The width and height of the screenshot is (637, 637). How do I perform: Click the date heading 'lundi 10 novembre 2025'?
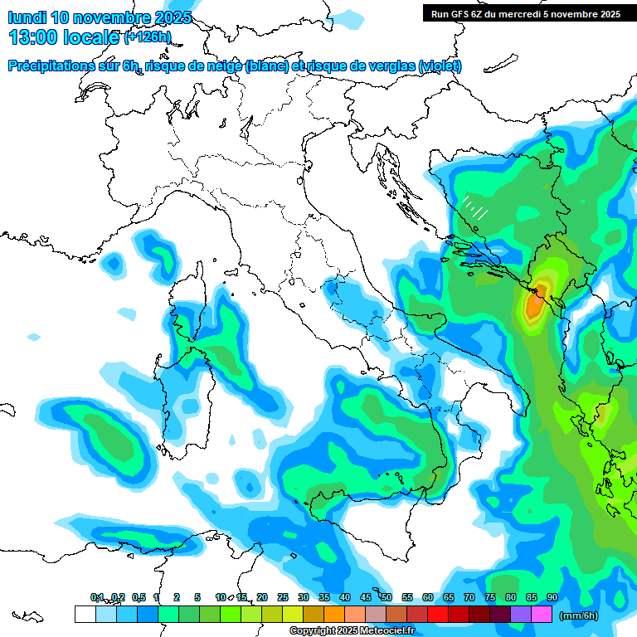click(100, 17)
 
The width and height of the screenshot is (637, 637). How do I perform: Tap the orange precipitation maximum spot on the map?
click(536, 304)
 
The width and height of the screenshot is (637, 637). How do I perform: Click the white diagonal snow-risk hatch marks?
click(475, 207)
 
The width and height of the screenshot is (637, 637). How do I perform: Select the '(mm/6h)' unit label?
click(578, 615)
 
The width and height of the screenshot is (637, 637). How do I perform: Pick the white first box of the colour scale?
click(85, 615)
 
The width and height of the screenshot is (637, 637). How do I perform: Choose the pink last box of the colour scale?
click(542, 615)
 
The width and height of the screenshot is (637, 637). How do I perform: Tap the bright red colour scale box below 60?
click(438, 615)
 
